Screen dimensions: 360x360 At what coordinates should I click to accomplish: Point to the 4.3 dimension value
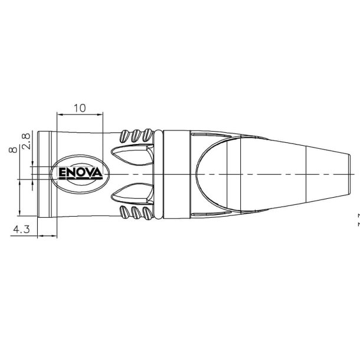point(21,229)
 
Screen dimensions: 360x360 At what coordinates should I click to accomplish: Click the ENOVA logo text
point(80,173)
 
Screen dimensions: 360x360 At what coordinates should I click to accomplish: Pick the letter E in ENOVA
point(62,173)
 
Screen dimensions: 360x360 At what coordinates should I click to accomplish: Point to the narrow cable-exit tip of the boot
point(348,175)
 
